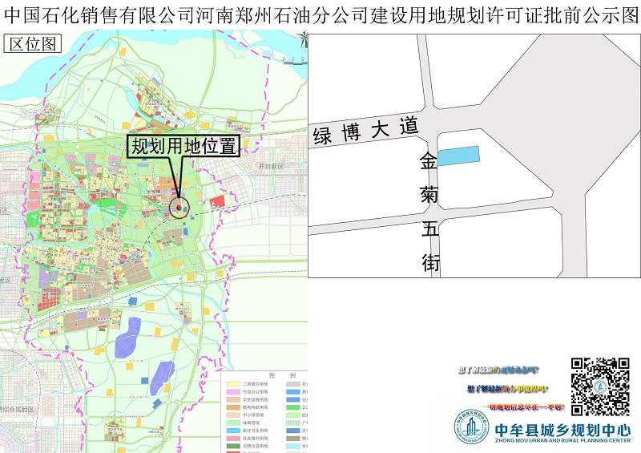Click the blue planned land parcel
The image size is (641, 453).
tap(458, 156)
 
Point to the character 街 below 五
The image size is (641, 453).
tap(431, 262)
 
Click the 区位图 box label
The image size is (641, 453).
tap(32, 44)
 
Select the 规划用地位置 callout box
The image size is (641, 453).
tap(184, 146)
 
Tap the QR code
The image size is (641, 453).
tap(600, 386)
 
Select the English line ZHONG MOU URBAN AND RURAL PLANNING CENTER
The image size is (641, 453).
tap(562, 441)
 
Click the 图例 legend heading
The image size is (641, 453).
tap(281, 375)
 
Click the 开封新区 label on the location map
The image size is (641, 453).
tap(271, 166)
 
